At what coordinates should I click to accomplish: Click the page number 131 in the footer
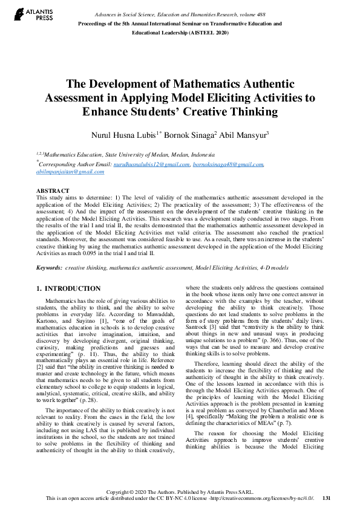pyautogui.click(x=327, y=498)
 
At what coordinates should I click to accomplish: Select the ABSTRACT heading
pyautogui.click(x=52, y=191)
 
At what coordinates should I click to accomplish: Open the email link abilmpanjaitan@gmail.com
pyautogui.click(x=70, y=172)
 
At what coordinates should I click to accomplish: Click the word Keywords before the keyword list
pyautogui.click(x=49, y=267)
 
